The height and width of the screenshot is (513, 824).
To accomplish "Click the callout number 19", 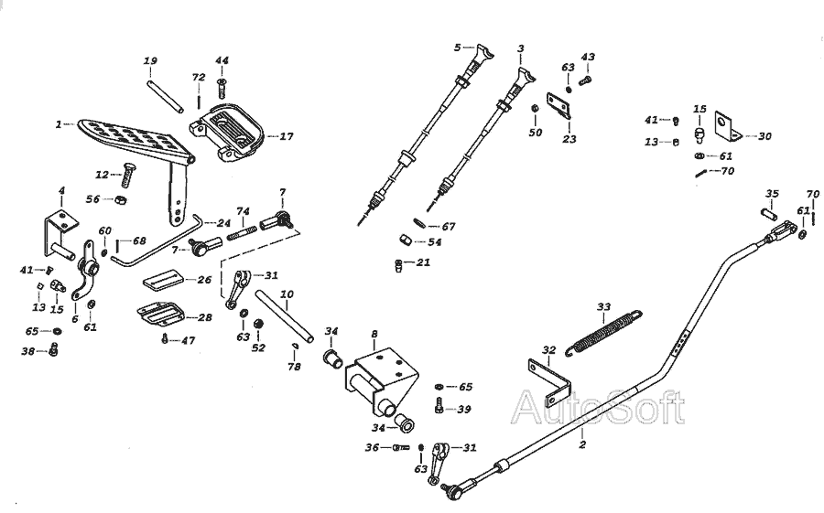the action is (150, 61).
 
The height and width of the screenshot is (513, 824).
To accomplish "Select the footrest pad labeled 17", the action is (226, 132).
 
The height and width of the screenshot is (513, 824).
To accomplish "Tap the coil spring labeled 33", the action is (604, 333).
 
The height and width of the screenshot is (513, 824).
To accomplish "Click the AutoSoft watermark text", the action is (598, 408).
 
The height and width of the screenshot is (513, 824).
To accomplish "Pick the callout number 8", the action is (374, 334).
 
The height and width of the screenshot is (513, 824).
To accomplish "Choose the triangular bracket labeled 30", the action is (729, 126).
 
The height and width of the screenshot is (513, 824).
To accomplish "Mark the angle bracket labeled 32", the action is (549, 381).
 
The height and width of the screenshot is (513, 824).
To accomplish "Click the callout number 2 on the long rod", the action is (582, 444).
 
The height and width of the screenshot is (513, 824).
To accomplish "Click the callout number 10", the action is (287, 294).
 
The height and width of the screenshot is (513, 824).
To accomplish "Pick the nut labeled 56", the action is (120, 200).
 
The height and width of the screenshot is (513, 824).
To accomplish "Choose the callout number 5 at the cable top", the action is (457, 48).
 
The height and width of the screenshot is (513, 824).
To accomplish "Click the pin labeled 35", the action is (769, 214).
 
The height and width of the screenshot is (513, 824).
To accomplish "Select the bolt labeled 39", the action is (439, 406).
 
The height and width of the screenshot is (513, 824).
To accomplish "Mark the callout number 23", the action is (569, 139).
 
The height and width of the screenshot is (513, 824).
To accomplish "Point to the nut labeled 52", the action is (258, 323).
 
